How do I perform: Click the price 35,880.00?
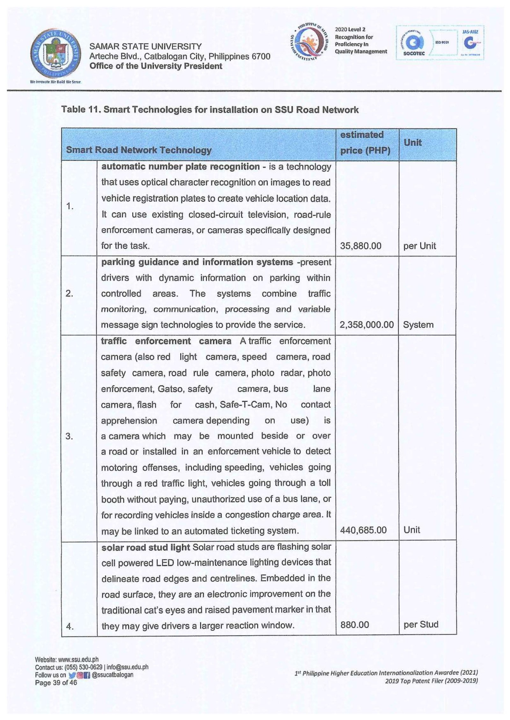click(361, 246)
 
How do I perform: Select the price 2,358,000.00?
click(367, 325)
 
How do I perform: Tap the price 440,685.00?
click(363, 530)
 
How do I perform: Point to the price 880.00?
click(354, 624)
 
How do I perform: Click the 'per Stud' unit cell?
click(421, 624)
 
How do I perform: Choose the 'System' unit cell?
click(418, 325)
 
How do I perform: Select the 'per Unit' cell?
click(419, 246)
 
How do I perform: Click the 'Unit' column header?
click(412, 142)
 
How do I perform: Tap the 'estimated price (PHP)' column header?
click(365, 142)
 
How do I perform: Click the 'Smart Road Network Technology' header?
click(139, 150)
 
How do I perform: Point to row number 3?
click(69, 436)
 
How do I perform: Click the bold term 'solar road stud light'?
click(145, 547)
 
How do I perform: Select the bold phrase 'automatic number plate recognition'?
click(180, 167)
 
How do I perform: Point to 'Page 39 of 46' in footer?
click(56, 682)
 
